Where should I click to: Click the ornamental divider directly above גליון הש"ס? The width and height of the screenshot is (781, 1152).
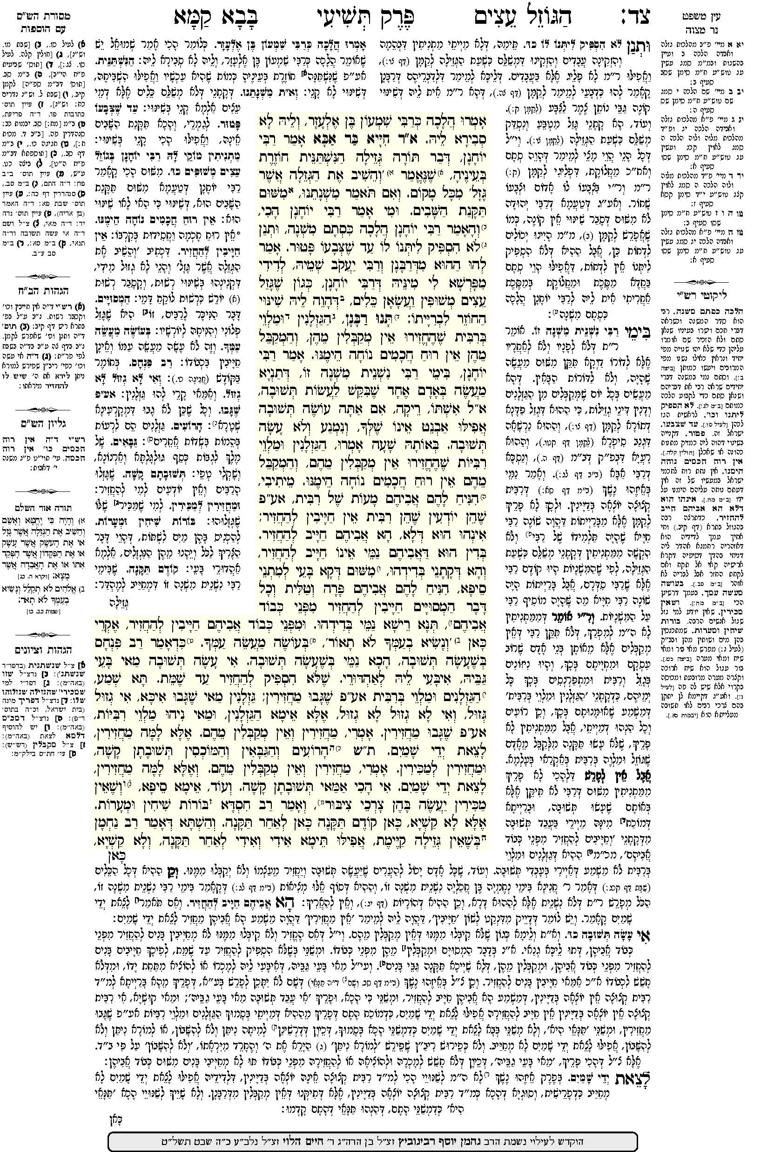45,409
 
